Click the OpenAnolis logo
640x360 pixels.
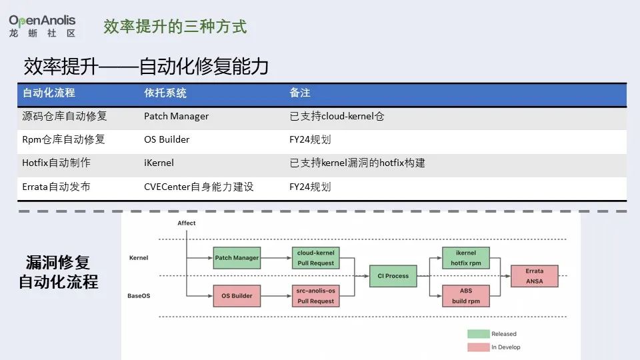tap(42, 26)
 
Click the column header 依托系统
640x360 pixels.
tap(165, 93)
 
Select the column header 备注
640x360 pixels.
tap(300, 93)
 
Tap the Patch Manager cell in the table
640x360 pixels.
tap(176, 116)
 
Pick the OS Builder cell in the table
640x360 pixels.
tap(167, 139)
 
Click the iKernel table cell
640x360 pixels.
tap(159, 163)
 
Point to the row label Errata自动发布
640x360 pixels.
tap(56, 187)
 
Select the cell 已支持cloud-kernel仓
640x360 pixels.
tap(337, 116)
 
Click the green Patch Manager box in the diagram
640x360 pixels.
tap(237, 257)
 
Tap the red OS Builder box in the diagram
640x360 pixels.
tap(237, 295)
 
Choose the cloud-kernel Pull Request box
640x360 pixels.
tap(315, 257)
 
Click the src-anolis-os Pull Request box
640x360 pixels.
tap(315, 295)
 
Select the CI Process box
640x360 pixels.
tap(393, 276)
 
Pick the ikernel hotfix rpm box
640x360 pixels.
tap(466, 257)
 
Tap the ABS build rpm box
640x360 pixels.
tap(466, 295)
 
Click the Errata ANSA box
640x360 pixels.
tap(534, 276)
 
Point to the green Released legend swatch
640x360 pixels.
tap(479, 334)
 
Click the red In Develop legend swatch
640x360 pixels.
tap(479, 347)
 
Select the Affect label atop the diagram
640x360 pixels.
tap(187, 223)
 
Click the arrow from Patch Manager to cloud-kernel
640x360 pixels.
tap(276, 257)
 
